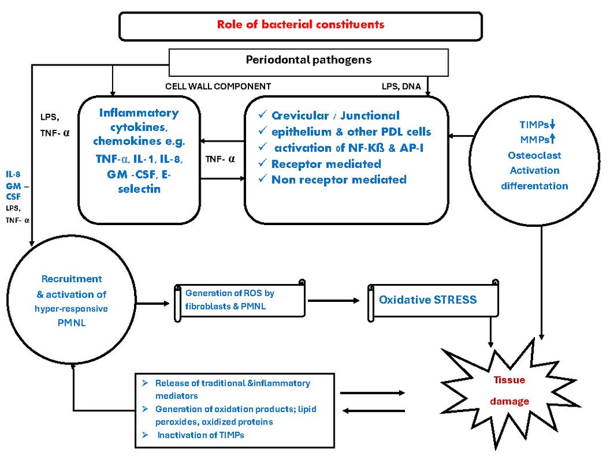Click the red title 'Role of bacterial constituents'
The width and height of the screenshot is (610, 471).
click(x=300, y=25)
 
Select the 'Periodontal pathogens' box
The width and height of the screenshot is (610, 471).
click(x=309, y=60)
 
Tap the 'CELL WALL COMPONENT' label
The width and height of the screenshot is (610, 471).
click(x=218, y=86)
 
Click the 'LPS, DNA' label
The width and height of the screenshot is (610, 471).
click(x=401, y=86)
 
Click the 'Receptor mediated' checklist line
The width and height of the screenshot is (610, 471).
click(x=326, y=164)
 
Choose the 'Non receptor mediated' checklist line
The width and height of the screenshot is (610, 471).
click(x=338, y=179)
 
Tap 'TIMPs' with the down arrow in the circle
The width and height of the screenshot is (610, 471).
click(x=537, y=125)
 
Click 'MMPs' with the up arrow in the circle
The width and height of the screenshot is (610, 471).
click(x=537, y=140)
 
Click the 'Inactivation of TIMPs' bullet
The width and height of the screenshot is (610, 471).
click(x=200, y=435)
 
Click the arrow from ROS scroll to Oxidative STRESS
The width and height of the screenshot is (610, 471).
click(x=335, y=300)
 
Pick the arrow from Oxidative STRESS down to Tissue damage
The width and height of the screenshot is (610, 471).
click(x=491, y=331)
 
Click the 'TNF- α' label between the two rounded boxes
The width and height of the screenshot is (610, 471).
click(x=220, y=160)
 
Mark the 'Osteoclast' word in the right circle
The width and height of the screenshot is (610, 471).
click(x=534, y=155)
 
